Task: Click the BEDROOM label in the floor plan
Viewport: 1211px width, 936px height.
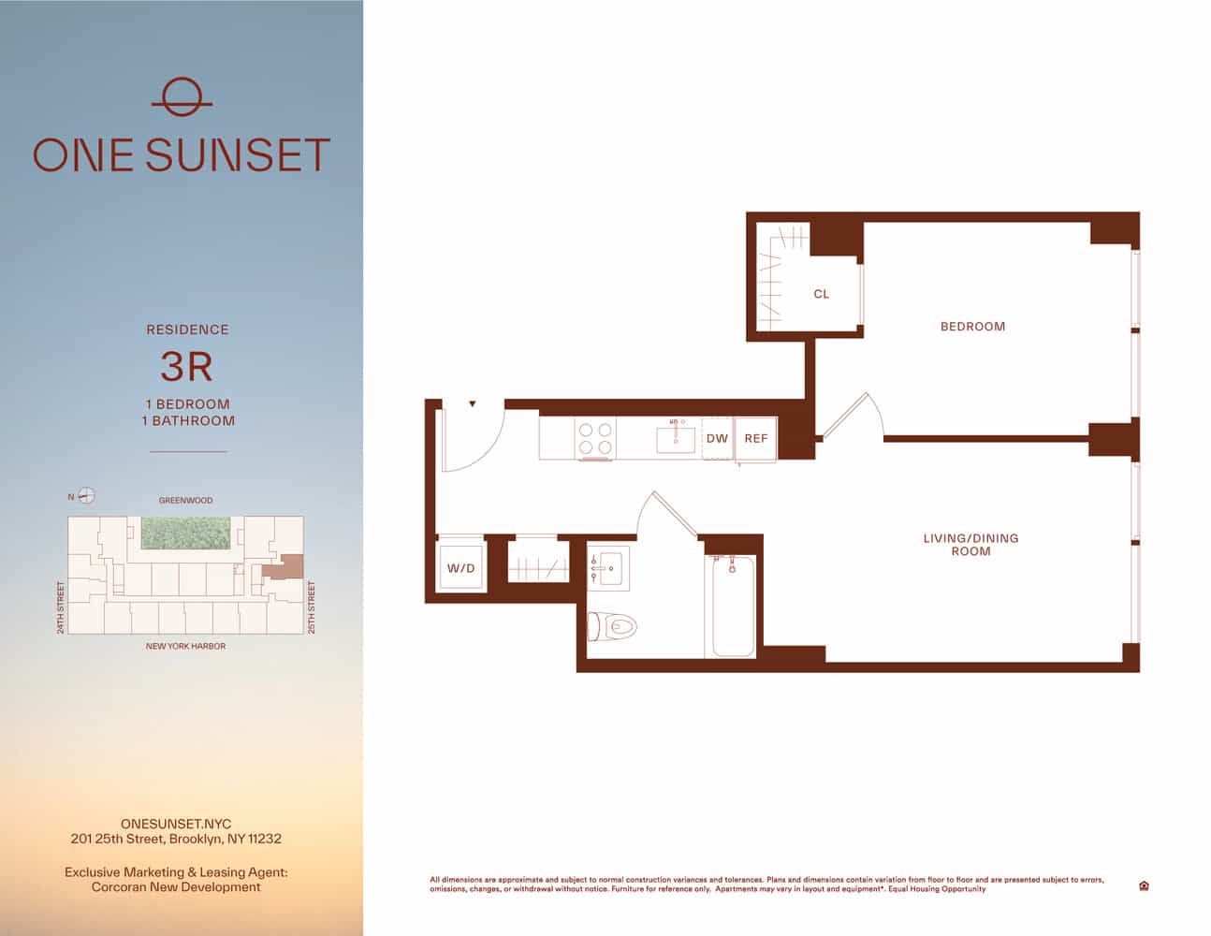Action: (x=972, y=327)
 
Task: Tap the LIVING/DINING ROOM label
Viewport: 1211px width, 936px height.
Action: (x=970, y=545)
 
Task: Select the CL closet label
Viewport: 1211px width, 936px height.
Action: (x=821, y=294)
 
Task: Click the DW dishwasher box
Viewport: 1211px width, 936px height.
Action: (x=717, y=439)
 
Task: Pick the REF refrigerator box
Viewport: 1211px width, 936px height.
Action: (x=755, y=439)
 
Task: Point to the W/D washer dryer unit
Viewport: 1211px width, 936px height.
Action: (x=460, y=568)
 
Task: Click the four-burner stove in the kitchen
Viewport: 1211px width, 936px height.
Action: (x=595, y=439)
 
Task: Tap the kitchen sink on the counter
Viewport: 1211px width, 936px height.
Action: (x=675, y=438)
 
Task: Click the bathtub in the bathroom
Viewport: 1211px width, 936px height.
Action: (x=733, y=607)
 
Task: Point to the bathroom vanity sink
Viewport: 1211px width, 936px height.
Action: (x=609, y=568)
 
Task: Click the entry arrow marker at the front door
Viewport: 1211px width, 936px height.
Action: (x=473, y=404)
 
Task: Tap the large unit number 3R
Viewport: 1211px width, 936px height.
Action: (x=186, y=367)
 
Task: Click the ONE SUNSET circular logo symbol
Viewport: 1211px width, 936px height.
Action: (x=182, y=96)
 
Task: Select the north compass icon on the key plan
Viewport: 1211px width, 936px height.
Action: (x=86, y=496)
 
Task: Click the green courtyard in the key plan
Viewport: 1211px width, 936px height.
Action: (x=185, y=533)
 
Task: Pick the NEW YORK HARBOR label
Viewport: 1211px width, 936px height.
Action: (x=185, y=646)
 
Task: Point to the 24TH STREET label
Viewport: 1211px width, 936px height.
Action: (x=61, y=607)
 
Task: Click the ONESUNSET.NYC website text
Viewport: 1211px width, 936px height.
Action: (x=176, y=825)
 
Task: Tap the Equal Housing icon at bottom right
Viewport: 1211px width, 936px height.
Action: (x=1144, y=885)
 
